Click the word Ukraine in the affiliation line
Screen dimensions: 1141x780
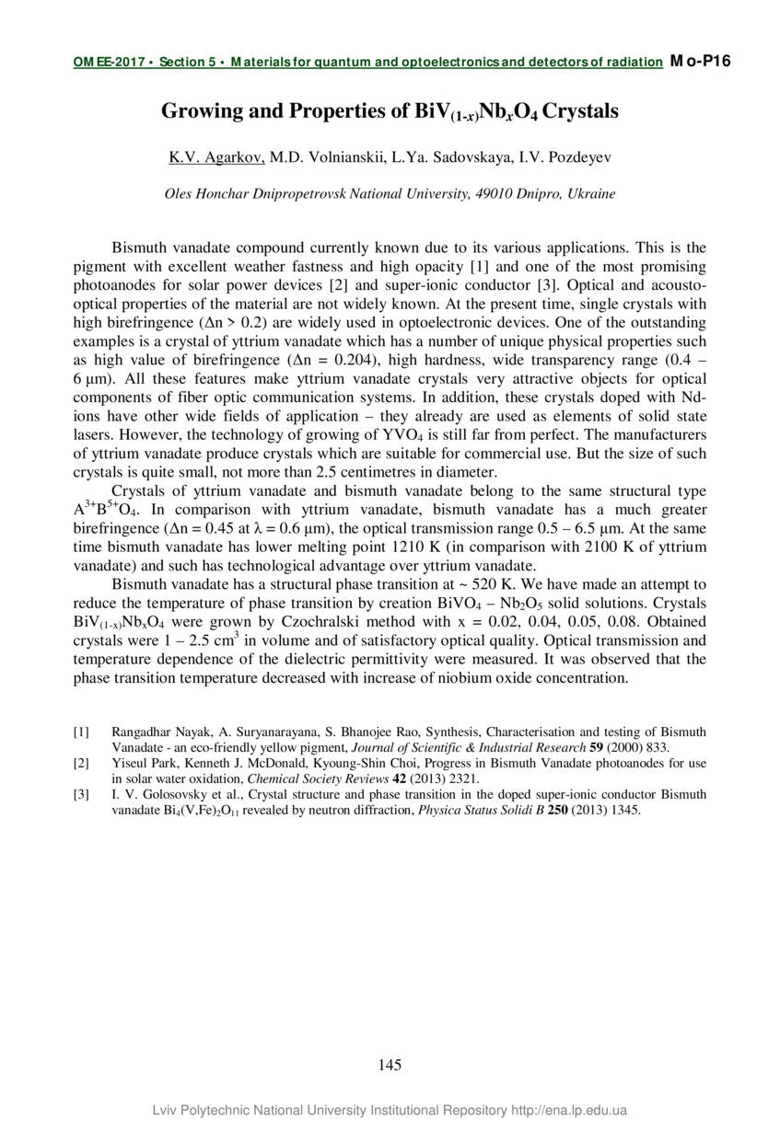click(x=591, y=194)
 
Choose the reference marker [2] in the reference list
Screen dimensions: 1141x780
click(x=81, y=764)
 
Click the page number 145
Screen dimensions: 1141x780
click(x=390, y=1066)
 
